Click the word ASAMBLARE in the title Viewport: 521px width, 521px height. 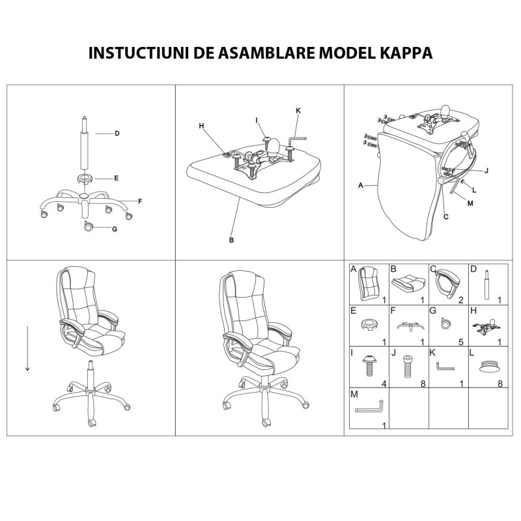(x=266, y=53)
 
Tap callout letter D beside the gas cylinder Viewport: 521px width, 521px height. (x=117, y=134)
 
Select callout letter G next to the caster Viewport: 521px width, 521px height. (x=115, y=229)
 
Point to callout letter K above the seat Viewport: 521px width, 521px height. (x=298, y=111)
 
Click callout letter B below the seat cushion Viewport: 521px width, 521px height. (x=232, y=240)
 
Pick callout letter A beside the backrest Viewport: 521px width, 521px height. (x=361, y=186)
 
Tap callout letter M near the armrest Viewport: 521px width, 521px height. (x=470, y=203)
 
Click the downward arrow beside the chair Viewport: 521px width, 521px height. (x=27, y=348)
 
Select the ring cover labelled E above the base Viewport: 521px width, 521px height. (x=85, y=179)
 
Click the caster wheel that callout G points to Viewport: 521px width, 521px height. (x=89, y=226)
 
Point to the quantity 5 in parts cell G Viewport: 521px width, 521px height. (x=461, y=343)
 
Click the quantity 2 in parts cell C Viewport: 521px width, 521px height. (x=461, y=300)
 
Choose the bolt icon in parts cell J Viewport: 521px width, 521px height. (x=406, y=367)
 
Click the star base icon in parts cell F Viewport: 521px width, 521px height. (x=410, y=326)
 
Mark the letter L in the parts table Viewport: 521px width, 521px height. (x=472, y=353)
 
